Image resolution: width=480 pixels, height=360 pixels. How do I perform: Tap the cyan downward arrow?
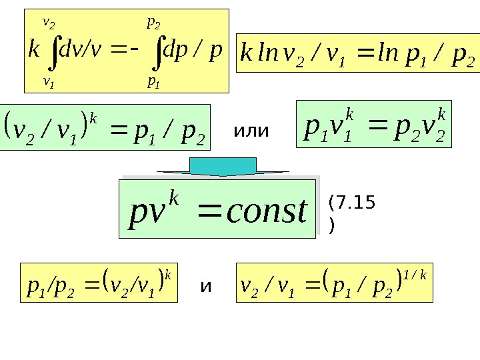click(x=223, y=167)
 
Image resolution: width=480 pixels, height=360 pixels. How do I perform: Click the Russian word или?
click(x=251, y=131)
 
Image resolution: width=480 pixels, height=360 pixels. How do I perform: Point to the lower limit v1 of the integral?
click(x=48, y=81)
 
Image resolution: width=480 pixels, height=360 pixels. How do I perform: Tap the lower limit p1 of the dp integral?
click(x=154, y=81)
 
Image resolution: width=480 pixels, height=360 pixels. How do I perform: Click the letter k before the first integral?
click(x=33, y=51)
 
